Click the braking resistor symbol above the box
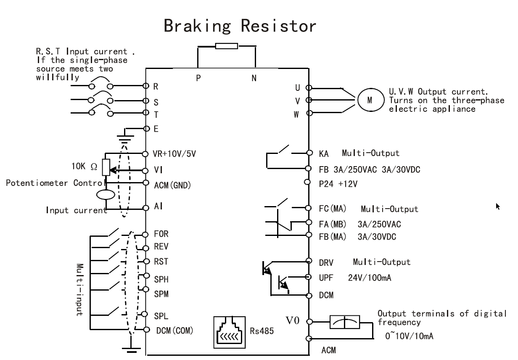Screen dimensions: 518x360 click(226, 46)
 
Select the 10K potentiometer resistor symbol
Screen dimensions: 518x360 click(106, 167)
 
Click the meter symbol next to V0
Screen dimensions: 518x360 click(345, 322)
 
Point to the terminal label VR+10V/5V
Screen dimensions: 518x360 click(174, 154)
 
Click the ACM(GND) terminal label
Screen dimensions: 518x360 click(172, 185)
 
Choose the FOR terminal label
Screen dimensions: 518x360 click(161, 234)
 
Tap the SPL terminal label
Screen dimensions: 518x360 click(161, 316)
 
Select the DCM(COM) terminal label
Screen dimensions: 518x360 click(174, 331)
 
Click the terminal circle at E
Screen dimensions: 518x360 click(147, 129)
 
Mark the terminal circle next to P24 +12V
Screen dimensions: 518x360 click(307, 182)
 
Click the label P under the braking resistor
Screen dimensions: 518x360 click(198, 78)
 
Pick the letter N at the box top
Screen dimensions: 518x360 click(254, 78)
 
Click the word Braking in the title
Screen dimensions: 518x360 click(197, 26)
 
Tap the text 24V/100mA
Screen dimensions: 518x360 click(370, 278)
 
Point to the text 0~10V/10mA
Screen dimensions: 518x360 click(409, 336)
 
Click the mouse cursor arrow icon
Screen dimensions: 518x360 click(498, 206)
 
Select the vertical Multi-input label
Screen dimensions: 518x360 click(79, 290)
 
